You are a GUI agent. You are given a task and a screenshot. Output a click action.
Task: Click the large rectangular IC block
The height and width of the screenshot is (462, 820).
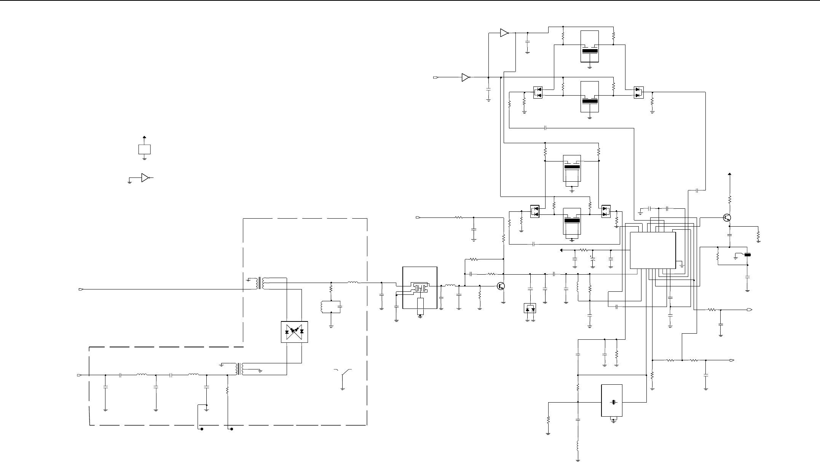tap(653, 250)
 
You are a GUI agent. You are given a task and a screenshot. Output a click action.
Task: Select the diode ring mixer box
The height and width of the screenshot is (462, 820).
tap(294, 332)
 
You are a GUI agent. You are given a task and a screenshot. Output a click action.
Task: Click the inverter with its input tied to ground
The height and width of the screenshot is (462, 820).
tap(145, 177)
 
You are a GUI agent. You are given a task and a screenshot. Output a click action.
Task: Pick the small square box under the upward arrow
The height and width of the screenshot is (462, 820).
tap(144, 149)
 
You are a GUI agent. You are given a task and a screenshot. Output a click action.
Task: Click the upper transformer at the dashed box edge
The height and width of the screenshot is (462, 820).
tap(260, 283)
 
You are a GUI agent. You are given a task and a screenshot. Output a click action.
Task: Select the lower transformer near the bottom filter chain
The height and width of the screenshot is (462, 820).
tap(239, 369)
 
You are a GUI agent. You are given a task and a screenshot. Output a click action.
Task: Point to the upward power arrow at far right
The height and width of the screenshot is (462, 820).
tap(729, 175)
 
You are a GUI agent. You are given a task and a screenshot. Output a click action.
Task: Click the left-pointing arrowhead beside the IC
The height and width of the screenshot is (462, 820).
tap(562, 250)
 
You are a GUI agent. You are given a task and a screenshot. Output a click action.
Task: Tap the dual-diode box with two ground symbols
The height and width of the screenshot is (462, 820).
tap(530, 308)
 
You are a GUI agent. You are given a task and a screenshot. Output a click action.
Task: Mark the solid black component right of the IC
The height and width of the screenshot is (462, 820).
tap(748, 255)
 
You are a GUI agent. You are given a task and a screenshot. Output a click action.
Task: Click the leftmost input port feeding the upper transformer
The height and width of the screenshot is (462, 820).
tap(81, 289)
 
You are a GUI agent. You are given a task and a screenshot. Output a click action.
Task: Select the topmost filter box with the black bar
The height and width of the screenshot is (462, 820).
tap(590, 46)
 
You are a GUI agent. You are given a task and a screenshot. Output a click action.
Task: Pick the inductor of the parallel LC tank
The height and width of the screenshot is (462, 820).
tap(323, 307)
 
